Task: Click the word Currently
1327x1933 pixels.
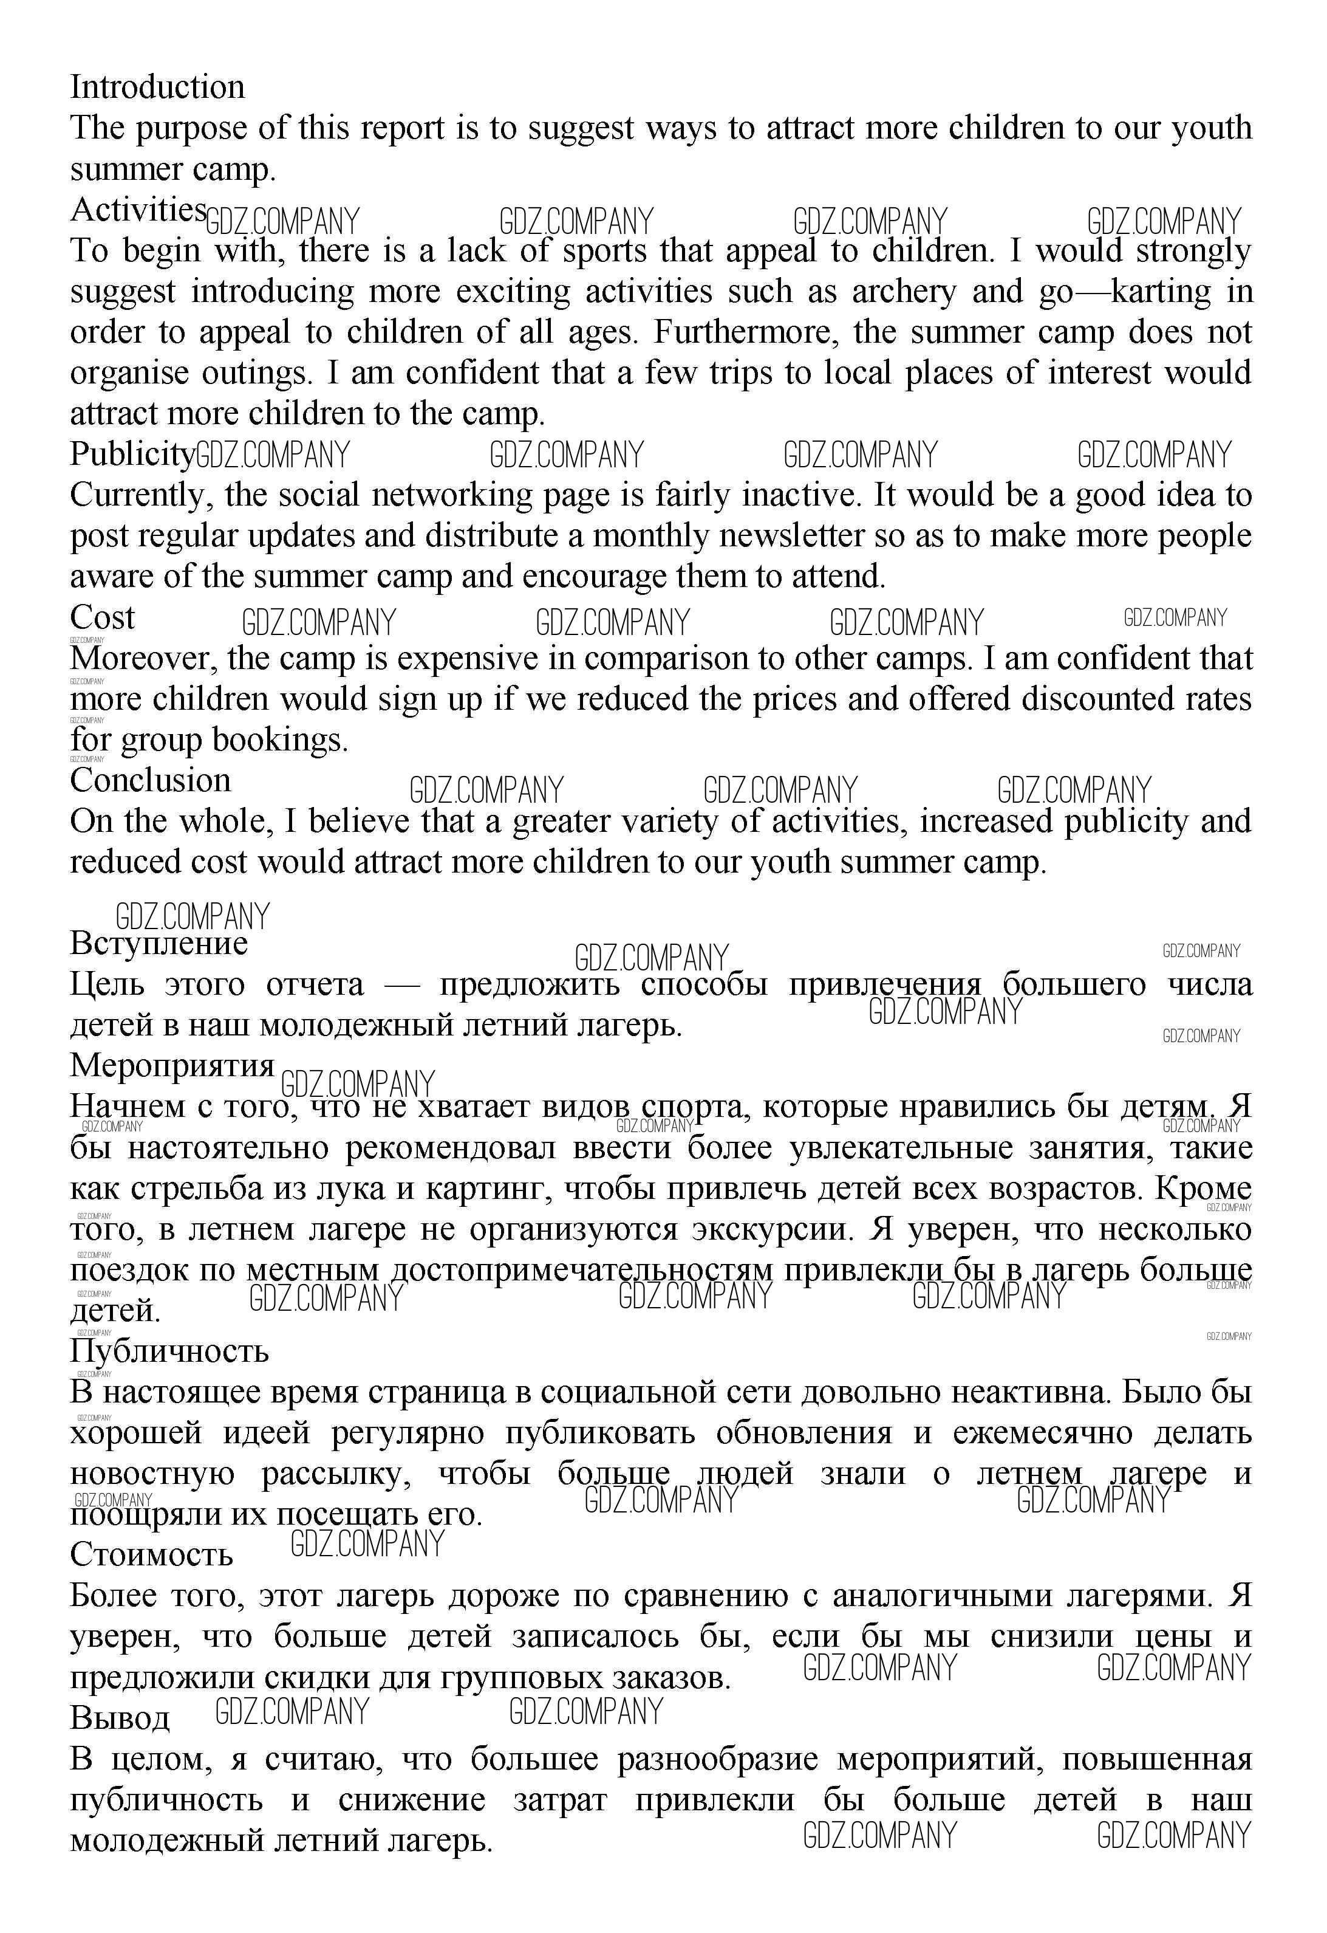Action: coord(142,496)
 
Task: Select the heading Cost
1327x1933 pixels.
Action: coord(101,618)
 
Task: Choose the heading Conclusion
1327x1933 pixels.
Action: coord(151,781)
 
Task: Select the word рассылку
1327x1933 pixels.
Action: coord(336,1474)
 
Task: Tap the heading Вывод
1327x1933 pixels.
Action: coord(120,1718)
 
